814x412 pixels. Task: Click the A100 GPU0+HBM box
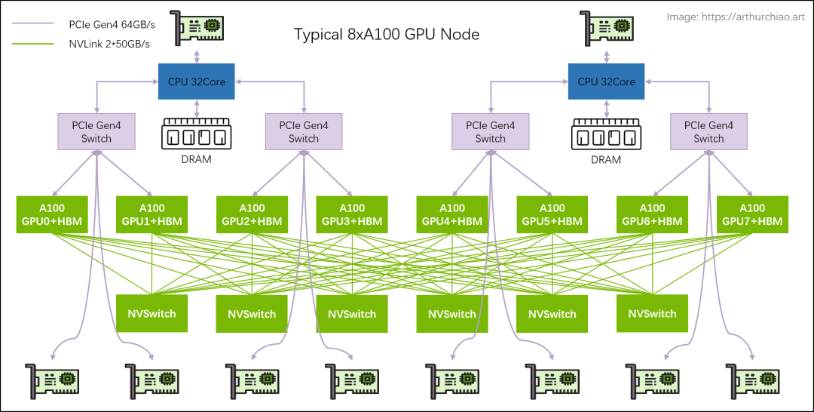[52, 214]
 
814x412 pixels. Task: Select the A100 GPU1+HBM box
[152, 214]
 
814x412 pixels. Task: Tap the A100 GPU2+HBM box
[252, 214]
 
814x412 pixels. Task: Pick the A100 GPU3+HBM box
[352, 214]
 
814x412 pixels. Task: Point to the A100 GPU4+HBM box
[452, 214]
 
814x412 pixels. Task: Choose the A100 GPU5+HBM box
[552, 214]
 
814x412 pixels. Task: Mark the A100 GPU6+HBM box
[653, 214]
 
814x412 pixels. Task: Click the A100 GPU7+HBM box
[752, 214]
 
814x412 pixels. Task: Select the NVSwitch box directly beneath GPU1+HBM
[152, 313]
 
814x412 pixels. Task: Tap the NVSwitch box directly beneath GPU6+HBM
[653, 313]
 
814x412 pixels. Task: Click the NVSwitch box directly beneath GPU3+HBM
[352, 313]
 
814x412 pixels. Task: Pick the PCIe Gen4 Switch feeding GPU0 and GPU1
[96, 131]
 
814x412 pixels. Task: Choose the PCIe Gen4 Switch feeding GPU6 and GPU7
[709, 131]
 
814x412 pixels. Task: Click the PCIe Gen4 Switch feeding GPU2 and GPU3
[304, 131]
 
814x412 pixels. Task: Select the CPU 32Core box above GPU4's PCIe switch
[607, 81]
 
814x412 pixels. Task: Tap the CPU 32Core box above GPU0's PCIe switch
[197, 81]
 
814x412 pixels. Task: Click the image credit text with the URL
[736, 17]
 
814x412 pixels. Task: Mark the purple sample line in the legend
[32, 23]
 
